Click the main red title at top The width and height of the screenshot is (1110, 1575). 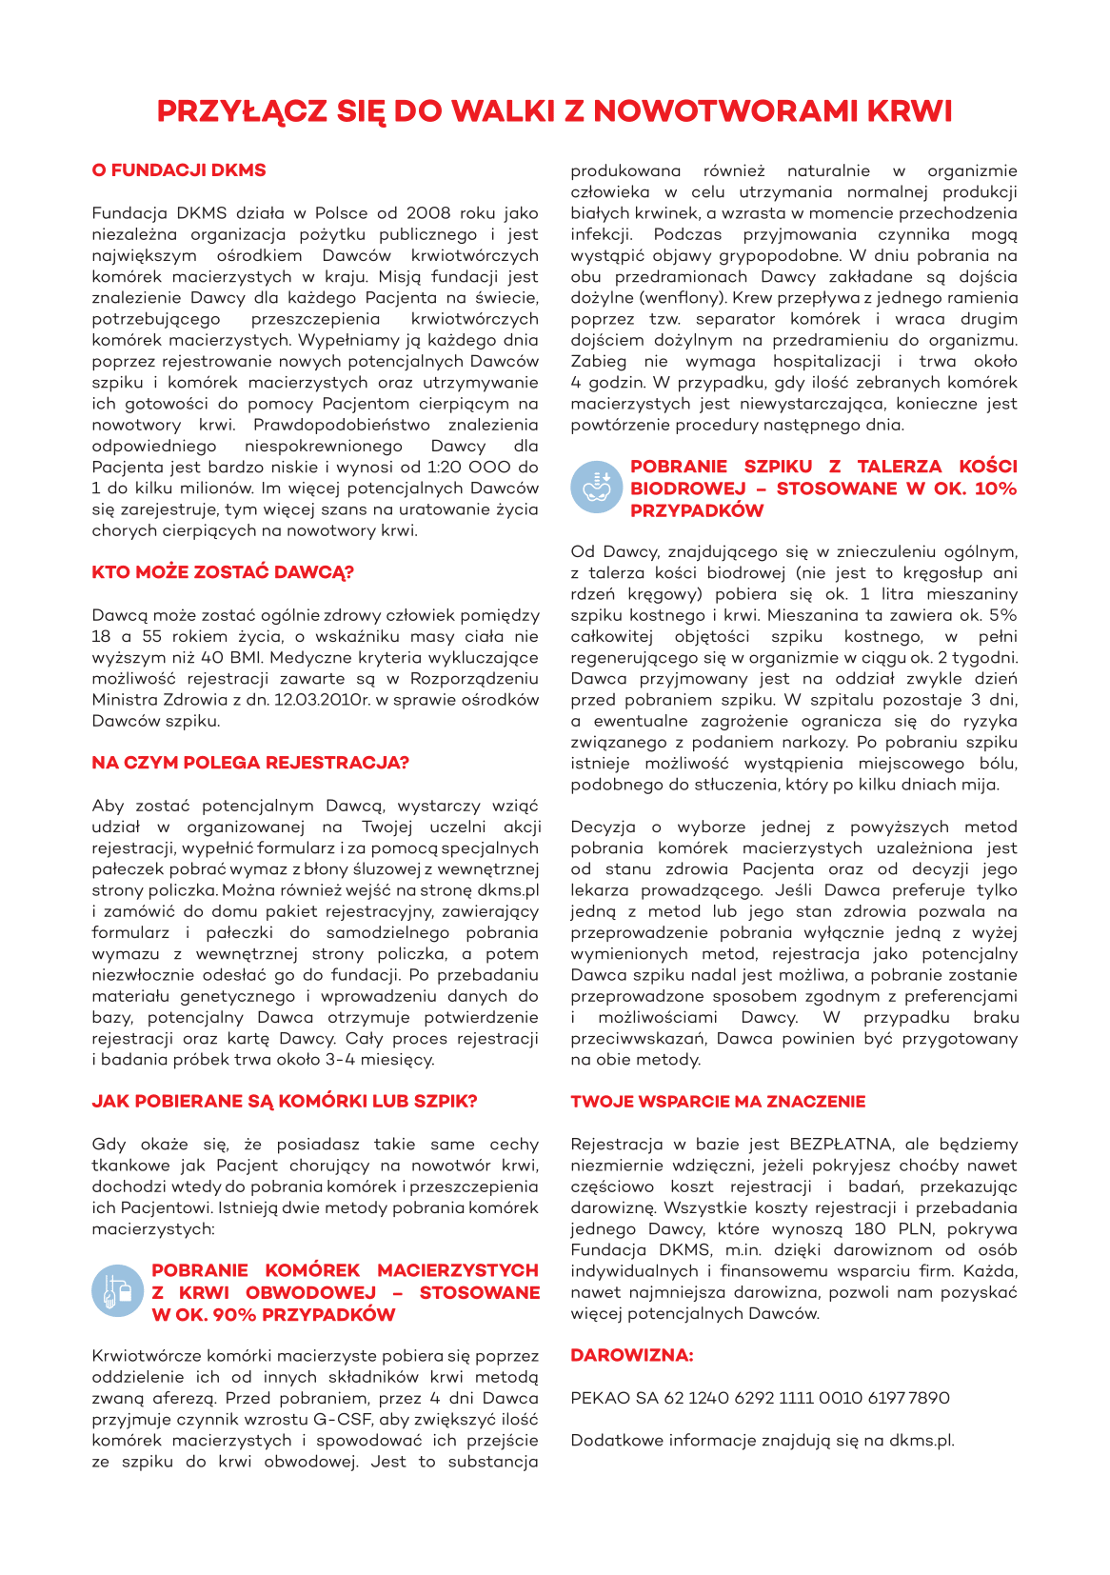(x=554, y=111)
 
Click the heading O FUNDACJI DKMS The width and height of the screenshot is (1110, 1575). (x=179, y=170)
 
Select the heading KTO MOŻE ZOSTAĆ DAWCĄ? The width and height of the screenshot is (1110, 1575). (x=223, y=572)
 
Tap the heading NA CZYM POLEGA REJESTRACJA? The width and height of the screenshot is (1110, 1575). (x=250, y=763)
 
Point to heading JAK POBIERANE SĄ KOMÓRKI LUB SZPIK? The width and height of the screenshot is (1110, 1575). (x=285, y=1102)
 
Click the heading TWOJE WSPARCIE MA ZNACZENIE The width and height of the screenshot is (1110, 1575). (x=718, y=1102)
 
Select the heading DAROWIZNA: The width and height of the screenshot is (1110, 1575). (x=631, y=1355)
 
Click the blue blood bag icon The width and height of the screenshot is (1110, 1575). (x=117, y=1291)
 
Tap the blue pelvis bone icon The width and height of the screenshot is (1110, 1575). (x=596, y=486)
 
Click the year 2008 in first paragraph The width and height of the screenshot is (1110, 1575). (x=428, y=213)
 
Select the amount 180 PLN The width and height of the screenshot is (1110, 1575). (x=884, y=1229)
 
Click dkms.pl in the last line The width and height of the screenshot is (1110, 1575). (x=921, y=1441)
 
